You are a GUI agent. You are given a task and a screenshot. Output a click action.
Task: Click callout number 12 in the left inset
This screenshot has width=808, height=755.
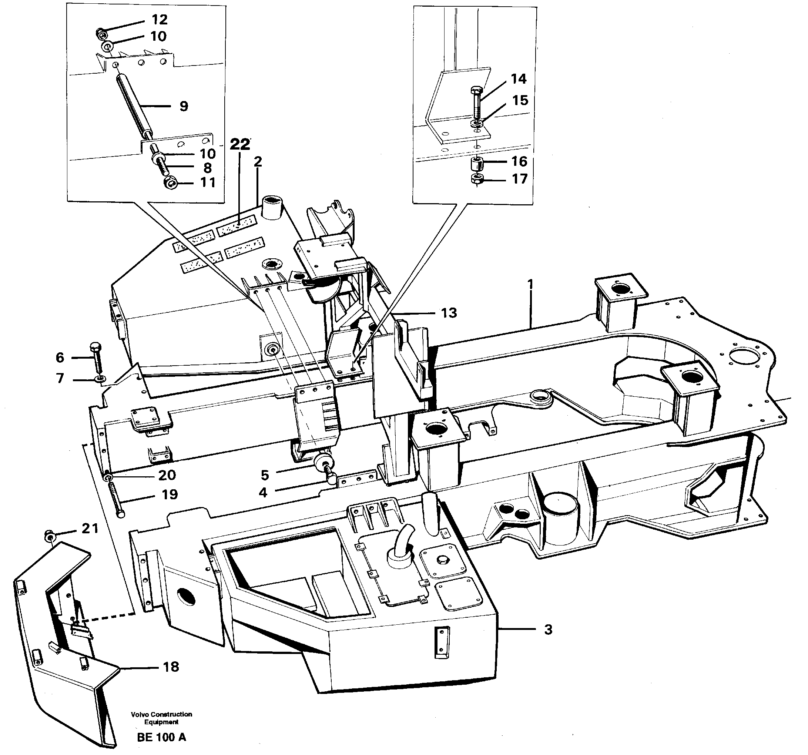pos(159,19)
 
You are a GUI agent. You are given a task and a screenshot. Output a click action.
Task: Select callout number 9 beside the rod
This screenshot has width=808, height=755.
pos(184,106)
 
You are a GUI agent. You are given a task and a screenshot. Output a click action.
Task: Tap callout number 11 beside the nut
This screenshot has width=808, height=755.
pos(208,182)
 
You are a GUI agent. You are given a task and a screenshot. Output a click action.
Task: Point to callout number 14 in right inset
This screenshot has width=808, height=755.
pos(518,78)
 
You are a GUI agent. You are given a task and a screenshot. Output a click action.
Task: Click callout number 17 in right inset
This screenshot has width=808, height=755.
pos(519,178)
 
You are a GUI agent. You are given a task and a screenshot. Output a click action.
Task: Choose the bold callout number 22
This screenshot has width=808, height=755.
pos(240,144)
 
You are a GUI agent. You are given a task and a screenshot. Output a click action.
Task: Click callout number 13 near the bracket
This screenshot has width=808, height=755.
pos(449,312)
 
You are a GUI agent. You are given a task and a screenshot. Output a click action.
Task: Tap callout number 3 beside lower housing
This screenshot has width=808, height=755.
pos(548,630)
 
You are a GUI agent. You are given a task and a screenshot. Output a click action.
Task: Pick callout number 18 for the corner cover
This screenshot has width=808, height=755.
pos(171,667)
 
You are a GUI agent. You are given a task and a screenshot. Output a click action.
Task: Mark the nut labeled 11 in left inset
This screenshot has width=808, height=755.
pos(170,184)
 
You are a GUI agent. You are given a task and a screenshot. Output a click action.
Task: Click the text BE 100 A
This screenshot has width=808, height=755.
pos(161,737)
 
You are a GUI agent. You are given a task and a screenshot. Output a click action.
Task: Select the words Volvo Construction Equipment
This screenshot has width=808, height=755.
pos(161,718)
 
